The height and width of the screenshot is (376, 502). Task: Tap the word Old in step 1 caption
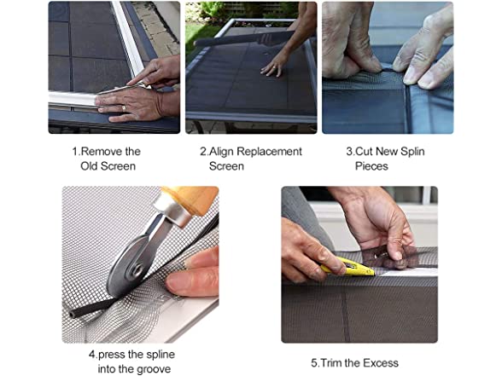(89, 166)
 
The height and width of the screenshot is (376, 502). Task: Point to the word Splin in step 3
(412, 151)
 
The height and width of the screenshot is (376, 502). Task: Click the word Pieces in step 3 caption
(371, 166)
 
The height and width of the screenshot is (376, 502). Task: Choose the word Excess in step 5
(381, 363)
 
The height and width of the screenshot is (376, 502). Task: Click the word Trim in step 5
(331, 363)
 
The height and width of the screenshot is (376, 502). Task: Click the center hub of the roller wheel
(137, 269)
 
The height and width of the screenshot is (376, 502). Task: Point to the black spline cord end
(73, 315)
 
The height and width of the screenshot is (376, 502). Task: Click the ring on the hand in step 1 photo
(124, 108)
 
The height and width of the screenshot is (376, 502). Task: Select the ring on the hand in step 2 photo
(274, 67)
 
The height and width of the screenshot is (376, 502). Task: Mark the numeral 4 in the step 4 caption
(92, 355)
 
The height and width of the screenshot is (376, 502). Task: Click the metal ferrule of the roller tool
(172, 210)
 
